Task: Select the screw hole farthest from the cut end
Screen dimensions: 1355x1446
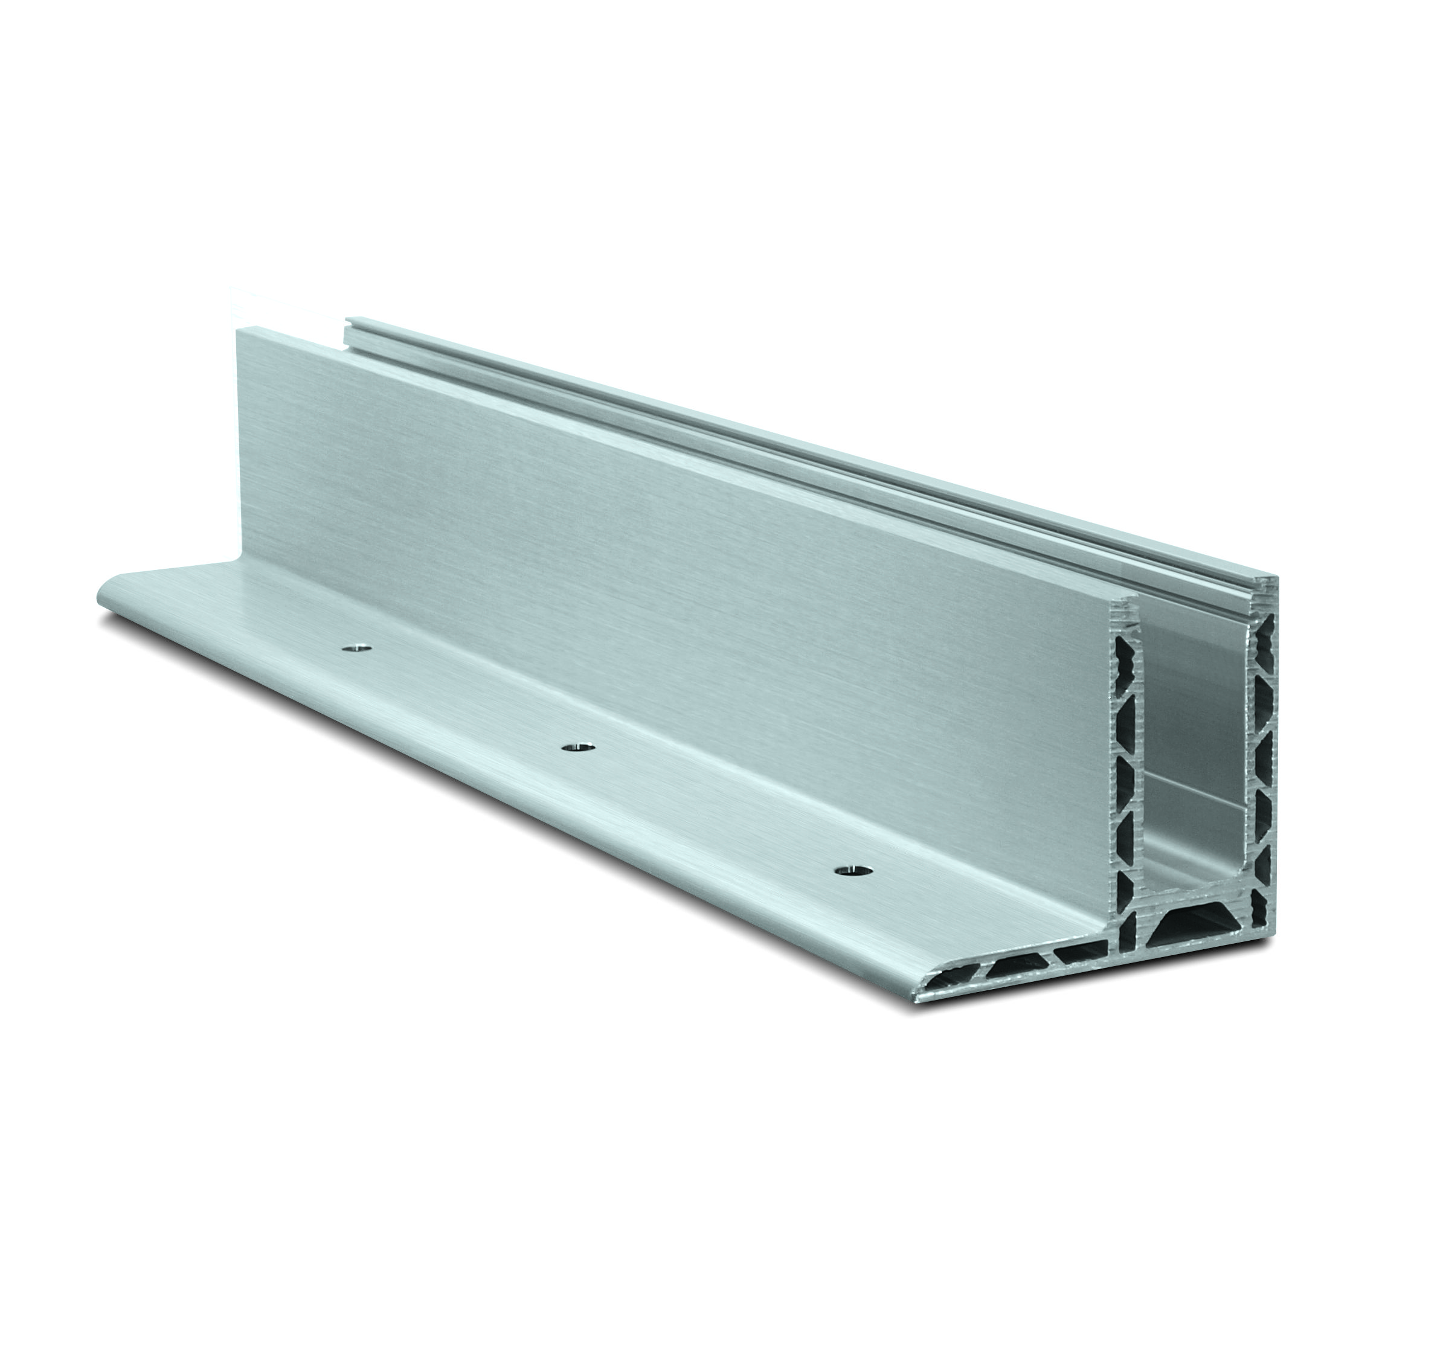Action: pyautogui.click(x=356, y=647)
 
